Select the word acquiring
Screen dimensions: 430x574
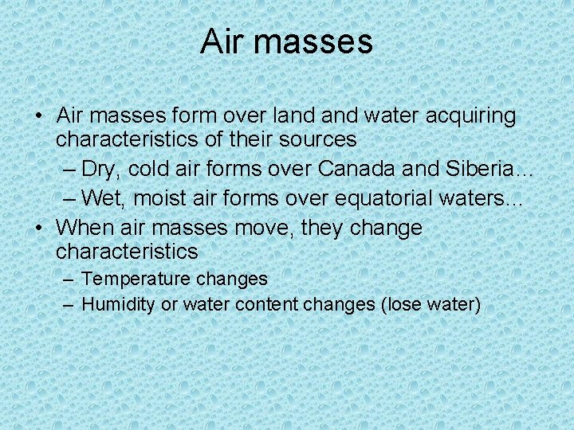pyautogui.click(x=472, y=116)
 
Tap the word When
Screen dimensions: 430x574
pyautogui.click(x=85, y=228)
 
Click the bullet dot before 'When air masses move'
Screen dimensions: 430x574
pyautogui.click(x=38, y=229)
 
